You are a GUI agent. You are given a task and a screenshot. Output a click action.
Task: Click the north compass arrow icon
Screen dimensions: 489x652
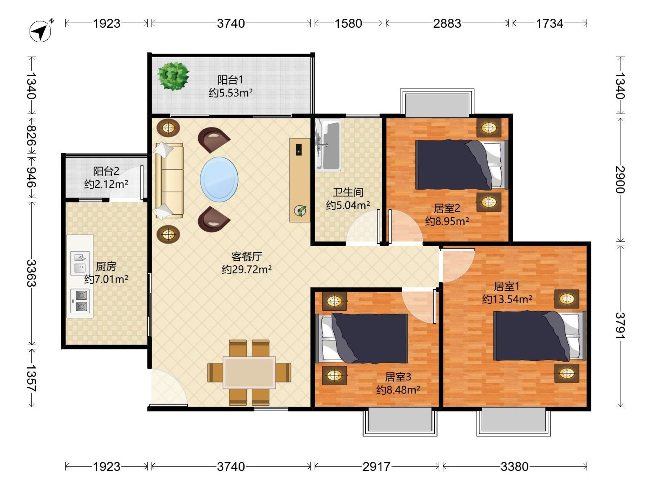tap(40, 31)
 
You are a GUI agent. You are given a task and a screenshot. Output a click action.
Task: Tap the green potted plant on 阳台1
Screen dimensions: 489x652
tap(173, 76)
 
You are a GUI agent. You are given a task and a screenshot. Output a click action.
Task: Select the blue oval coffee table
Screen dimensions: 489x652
tap(219, 179)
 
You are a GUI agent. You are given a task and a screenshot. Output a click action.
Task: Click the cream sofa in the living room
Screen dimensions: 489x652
tap(169, 181)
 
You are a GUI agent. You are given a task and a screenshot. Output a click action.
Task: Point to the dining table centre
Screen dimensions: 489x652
tap(249, 372)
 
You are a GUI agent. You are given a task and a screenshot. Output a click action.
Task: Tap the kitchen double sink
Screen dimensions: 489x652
tap(80, 263)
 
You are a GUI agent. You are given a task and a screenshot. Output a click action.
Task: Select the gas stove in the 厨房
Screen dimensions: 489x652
tap(80, 301)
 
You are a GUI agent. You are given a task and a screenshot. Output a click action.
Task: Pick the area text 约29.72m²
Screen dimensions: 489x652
tap(246, 269)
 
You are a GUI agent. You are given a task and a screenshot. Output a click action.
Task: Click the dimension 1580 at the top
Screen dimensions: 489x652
tap(348, 24)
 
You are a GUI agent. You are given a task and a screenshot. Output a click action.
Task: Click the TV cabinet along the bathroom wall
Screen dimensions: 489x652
tap(299, 180)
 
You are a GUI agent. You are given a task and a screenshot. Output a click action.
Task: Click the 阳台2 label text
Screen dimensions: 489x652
tap(106, 171)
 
